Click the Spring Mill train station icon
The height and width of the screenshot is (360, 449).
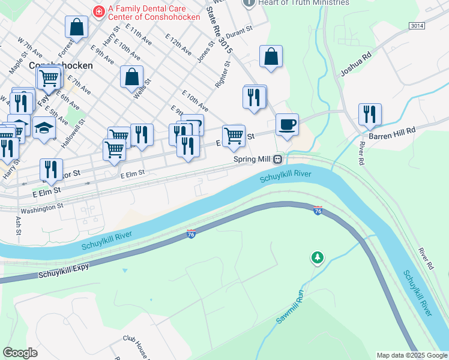[x=278, y=160]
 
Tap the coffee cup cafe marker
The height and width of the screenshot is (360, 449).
[x=288, y=125]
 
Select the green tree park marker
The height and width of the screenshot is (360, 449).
[x=317, y=257]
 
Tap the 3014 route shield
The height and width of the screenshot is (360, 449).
[x=416, y=26]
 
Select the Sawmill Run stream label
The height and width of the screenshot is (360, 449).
[x=291, y=308]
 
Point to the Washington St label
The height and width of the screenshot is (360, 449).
[x=41, y=207]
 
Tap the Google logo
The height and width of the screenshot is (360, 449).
[x=20, y=353]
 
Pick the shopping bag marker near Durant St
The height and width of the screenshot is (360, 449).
[x=271, y=56]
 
